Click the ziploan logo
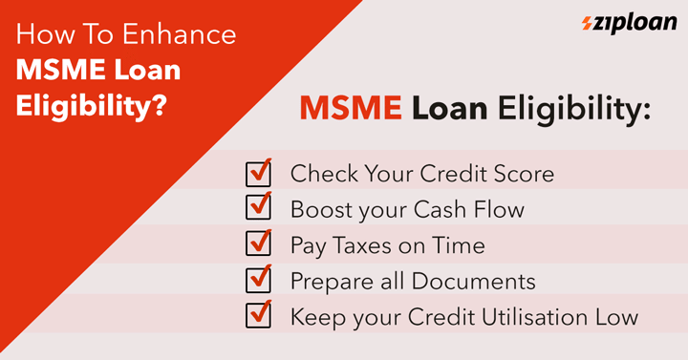pos(629,23)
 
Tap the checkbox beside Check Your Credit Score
pos(258,173)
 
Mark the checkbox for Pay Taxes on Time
pos(258,243)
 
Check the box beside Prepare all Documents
pos(258,279)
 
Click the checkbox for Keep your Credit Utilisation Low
pos(258,314)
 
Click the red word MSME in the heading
pos(351,108)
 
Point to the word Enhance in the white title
pos(180,34)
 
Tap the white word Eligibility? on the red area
pos(92,107)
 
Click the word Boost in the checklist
pos(321,209)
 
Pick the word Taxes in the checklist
pos(362,245)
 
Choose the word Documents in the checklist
pos(473,281)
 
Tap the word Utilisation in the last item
pos(535,317)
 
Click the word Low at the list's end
pos(616,317)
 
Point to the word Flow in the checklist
pos(499,209)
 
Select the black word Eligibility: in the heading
pos(574,110)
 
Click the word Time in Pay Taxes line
pos(459,245)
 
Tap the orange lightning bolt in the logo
pos(587,23)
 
